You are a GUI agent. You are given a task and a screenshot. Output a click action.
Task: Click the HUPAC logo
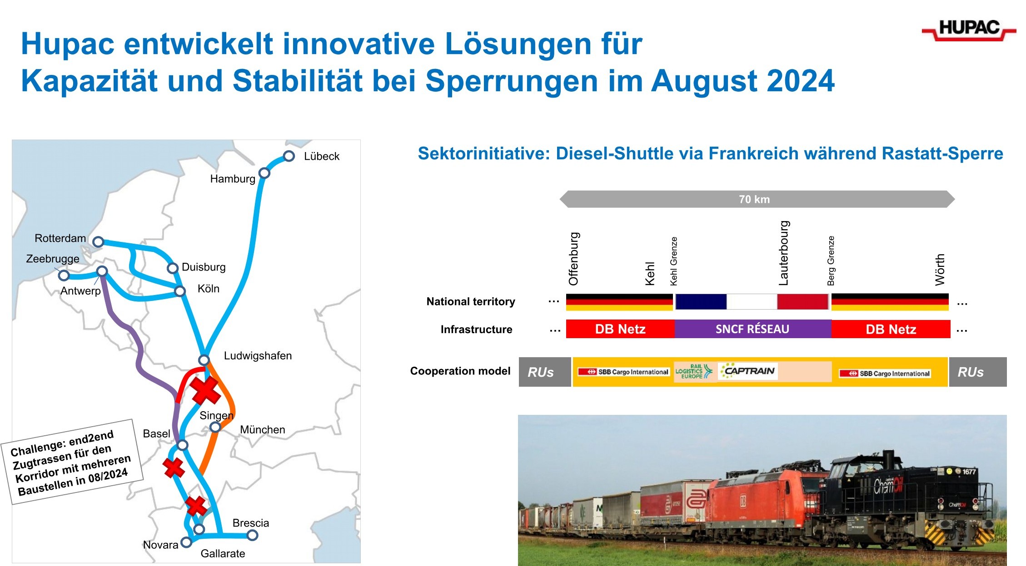969,30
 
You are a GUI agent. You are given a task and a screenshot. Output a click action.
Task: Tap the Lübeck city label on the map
322,156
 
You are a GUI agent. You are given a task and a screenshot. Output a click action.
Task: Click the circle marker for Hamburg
264,173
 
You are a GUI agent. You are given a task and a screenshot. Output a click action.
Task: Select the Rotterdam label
60,238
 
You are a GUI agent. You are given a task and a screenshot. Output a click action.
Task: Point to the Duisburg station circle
172,268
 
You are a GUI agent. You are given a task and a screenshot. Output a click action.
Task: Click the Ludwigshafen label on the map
258,356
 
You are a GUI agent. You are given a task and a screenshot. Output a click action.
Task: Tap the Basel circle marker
182,445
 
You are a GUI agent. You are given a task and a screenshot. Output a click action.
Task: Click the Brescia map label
250,523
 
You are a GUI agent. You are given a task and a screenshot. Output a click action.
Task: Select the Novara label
160,545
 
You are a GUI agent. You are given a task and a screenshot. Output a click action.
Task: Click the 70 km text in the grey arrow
754,199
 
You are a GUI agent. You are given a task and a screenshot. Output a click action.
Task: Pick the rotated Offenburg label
573,259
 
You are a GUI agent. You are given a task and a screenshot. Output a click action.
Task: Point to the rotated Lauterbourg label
784,253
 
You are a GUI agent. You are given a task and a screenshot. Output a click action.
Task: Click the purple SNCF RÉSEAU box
753,329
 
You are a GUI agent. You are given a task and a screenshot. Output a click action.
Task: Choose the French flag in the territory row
752,302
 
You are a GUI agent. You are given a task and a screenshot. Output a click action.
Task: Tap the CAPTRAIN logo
748,371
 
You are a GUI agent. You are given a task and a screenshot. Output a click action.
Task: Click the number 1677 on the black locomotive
969,472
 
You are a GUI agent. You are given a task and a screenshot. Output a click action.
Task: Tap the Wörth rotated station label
940,270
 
